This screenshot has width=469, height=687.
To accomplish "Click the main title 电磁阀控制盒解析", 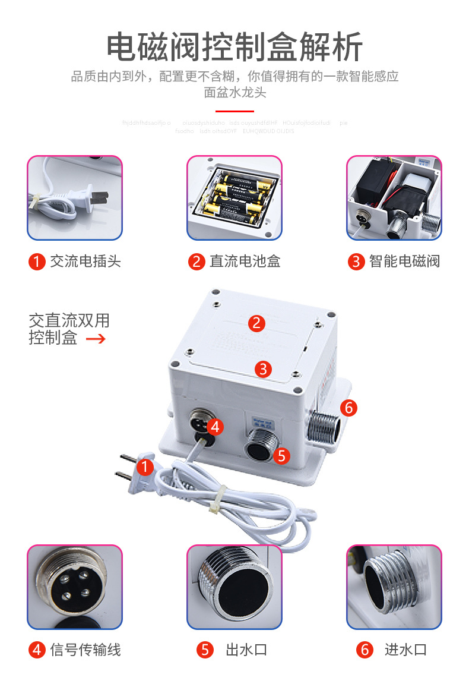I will coord(235,47).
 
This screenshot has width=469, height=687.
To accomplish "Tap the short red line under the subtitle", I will coord(235,111).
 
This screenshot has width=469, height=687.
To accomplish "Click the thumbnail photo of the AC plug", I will coord(75,198).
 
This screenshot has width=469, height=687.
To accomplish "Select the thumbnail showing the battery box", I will coord(235,198).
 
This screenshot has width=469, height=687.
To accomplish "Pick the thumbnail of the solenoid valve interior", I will coord(394,198).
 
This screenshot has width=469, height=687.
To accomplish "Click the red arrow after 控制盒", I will coord(96,339).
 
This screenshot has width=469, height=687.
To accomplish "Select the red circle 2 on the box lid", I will coord(256,323).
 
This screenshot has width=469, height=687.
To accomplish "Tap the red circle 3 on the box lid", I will coord(264,368).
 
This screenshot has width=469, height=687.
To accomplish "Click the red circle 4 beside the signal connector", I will coord(216,426).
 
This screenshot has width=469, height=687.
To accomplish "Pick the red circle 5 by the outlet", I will coord(281,456).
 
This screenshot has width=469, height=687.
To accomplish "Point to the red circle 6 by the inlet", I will coord(348,408).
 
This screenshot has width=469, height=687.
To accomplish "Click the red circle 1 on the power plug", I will coord(146,467).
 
